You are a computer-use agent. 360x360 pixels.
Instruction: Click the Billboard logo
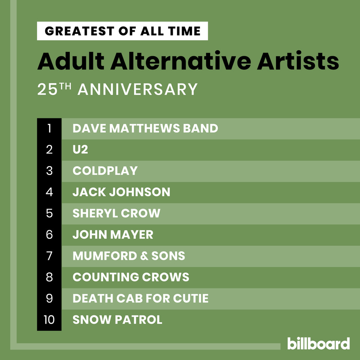tap(318, 343)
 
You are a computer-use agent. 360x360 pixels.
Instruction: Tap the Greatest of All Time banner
tap(122, 31)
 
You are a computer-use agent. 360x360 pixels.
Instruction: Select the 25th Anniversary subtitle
tap(117, 90)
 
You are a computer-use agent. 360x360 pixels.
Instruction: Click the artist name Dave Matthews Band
tap(145, 129)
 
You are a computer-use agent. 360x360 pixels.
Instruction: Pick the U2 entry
tap(80, 150)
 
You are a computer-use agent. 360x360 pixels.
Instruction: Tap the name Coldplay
tap(105, 171)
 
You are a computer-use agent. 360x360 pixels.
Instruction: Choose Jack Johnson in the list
tap(121, 192)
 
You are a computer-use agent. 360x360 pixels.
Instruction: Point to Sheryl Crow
tap(116, 213)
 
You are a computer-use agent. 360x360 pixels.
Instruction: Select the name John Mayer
tap(113, 235)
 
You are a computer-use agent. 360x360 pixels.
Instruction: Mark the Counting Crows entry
tap(131, 277)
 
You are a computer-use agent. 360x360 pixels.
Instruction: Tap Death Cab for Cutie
tap(140, 298)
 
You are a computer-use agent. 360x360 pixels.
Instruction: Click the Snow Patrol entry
tap(117, 320)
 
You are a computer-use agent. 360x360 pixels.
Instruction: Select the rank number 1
tap(49, 129)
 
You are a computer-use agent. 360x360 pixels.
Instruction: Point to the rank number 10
tap(49, 320)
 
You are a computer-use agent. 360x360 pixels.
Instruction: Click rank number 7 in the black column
tap(49, 256)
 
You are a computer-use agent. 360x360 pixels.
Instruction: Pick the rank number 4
tap(49, 192)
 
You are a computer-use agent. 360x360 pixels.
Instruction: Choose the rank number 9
tap(49, 298)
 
